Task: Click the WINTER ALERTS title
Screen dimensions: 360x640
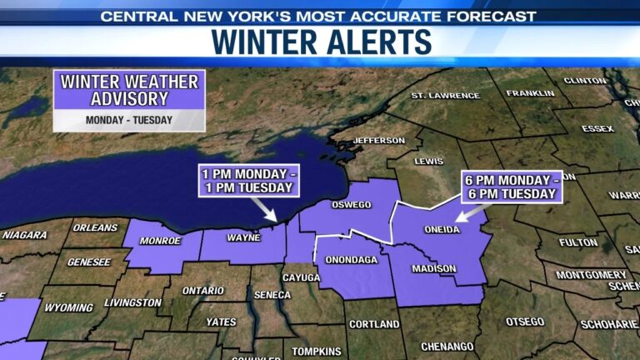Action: click(x=321, y=42)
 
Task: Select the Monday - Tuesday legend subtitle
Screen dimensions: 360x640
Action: click(x=129, y=119)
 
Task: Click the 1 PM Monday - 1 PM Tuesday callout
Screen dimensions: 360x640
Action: click(x=247, y=180)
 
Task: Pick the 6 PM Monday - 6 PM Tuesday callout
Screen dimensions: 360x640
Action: click(x=510, y=187)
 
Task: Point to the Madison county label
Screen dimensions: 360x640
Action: click(x=434, y=268)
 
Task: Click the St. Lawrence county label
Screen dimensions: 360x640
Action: click(x=446, y=95)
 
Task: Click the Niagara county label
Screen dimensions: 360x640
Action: click(x=24, y=235)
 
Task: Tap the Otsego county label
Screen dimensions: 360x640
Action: click(x=524, y=322)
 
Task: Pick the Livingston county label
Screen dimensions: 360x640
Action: click(x=133, y=302)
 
